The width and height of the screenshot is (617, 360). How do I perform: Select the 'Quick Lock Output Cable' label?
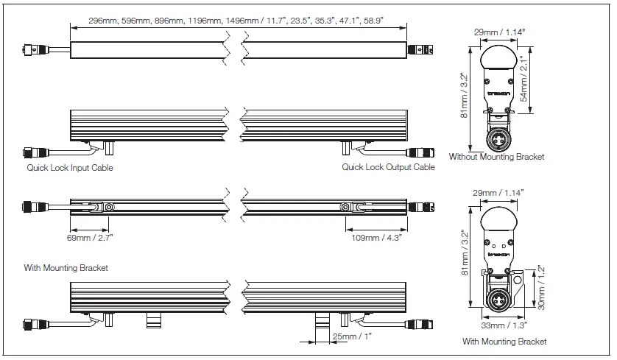pyautogui.click(x=388, y=168)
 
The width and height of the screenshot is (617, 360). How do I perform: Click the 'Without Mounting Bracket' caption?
pyautogui.click(x=496, y=158)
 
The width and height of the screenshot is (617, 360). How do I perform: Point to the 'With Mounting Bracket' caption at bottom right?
pyautogui.click(x=504, y=342)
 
